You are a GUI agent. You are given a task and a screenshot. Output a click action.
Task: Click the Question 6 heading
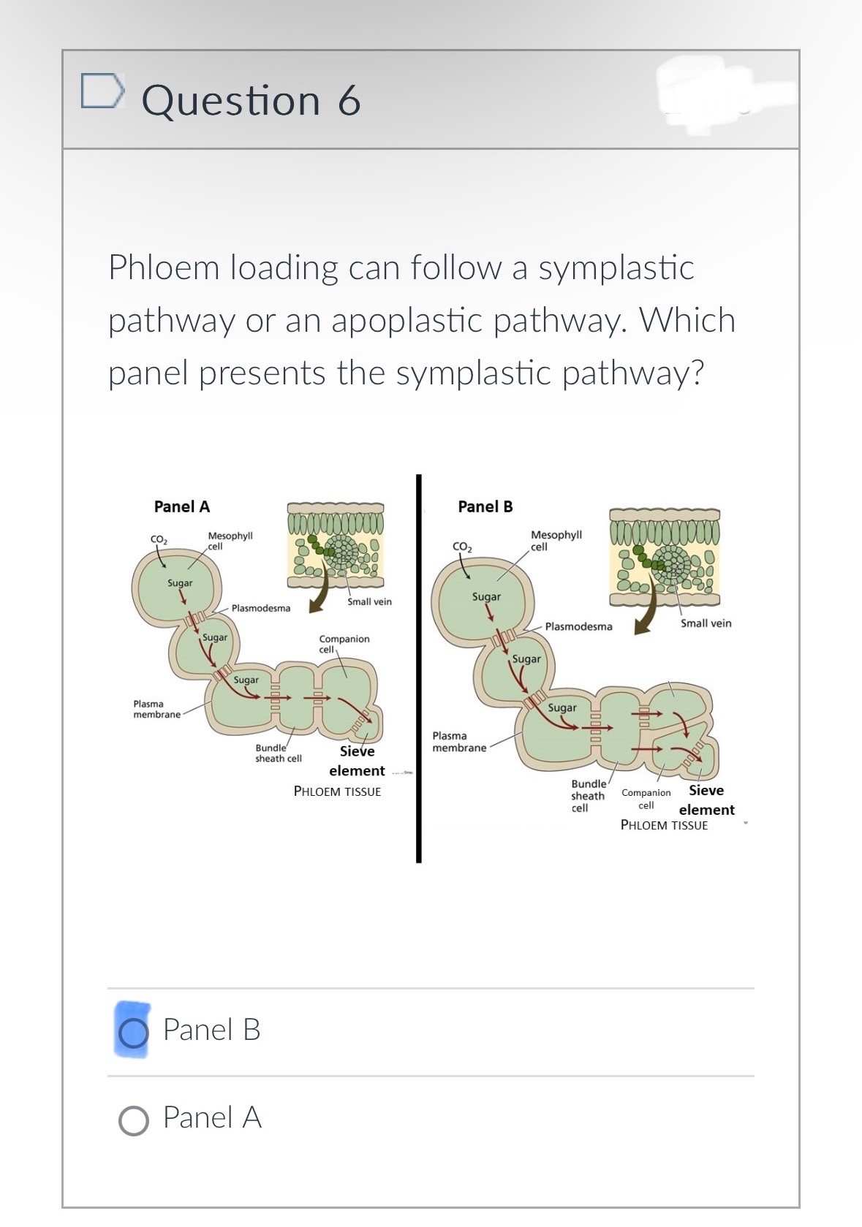(251, 100)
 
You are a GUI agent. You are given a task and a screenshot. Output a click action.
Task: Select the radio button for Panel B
(133, 1032)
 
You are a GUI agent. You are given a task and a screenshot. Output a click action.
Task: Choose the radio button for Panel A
(133, 1120)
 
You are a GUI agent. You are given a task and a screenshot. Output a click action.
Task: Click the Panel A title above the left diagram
(182, 506)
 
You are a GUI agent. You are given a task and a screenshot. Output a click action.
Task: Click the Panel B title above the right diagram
(485, 506)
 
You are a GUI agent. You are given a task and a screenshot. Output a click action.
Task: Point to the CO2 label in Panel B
(463, 547)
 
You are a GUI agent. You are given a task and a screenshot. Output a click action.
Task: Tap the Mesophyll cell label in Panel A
(230, 541)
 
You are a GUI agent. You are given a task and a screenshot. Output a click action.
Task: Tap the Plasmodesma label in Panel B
(578, 626)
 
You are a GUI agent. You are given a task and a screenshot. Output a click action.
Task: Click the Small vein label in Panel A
(369, 601)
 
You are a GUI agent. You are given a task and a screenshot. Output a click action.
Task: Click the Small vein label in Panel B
(706, 623)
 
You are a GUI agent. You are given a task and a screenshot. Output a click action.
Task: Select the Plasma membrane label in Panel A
(156, 709)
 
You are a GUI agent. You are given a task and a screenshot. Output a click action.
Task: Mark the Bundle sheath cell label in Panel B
(588, 796)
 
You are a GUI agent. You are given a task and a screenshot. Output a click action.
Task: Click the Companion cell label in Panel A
(344, 643)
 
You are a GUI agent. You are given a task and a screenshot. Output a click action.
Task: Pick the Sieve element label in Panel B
(706, 800)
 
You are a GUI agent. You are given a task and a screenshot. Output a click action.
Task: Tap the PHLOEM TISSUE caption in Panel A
(337, 791)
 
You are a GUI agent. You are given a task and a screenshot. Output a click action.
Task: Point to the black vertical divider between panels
(419, 669)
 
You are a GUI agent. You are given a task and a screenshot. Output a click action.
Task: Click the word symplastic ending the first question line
(616, 267)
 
